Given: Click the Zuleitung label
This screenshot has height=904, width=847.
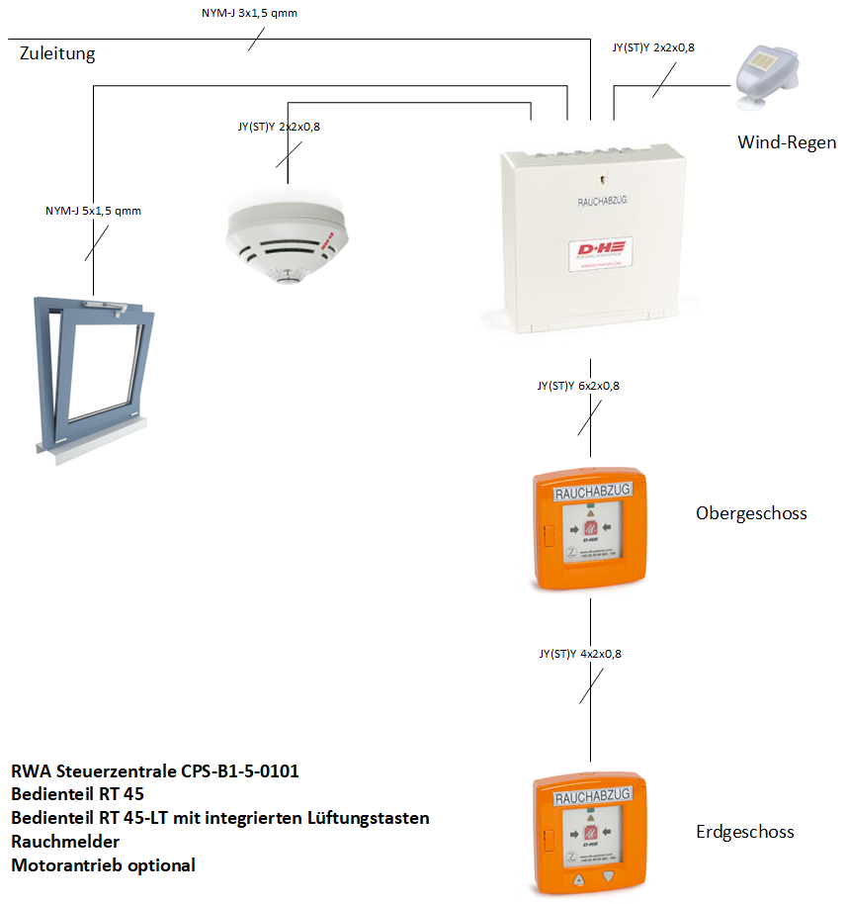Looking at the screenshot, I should (x=57, y=53).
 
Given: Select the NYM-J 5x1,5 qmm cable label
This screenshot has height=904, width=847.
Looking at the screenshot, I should (x=93, y=211).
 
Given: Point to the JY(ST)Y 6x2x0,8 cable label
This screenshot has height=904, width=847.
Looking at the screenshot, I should (x=578, y=386).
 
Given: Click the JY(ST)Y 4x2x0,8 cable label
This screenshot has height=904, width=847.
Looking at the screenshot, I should (x=580, y=654).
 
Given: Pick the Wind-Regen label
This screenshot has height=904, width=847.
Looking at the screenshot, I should (x=787, y=142).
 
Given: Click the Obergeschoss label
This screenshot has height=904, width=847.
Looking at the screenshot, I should (x=751, y=513).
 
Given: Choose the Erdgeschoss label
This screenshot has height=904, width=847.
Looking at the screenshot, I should (x=744, y=832).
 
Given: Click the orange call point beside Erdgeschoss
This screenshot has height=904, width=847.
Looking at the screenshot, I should (x=590, y=835).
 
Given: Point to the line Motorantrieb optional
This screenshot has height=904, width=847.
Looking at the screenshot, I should (x=103, y=865).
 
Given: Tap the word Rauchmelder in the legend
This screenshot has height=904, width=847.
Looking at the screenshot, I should (x=65, y=842).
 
